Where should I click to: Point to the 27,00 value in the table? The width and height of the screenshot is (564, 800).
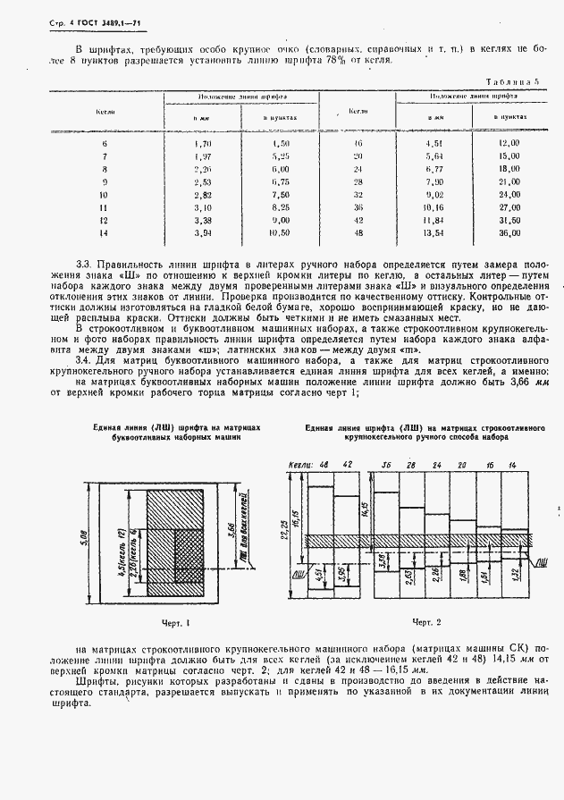tap(509, 206)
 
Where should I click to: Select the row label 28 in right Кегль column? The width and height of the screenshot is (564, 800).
tap(358, 181)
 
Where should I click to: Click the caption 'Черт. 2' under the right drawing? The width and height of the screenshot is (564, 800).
tap(426, 621)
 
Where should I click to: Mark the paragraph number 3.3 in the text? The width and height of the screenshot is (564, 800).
tap(83, 264)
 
